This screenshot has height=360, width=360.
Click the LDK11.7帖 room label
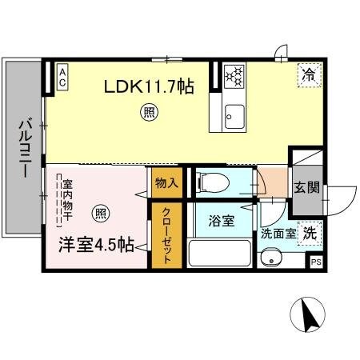tap(148, 86)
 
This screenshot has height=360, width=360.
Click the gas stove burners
tap(235, 76)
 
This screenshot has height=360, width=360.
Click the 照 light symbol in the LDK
tap(149, 112)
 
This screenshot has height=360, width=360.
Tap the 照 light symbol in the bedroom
tap(100, 213)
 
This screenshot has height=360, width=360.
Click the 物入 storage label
tap(166, 183)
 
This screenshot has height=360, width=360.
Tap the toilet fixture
tap(210, 182)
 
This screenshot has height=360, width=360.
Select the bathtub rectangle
tap(220, 254)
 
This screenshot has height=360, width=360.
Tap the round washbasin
tap(273, 258)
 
